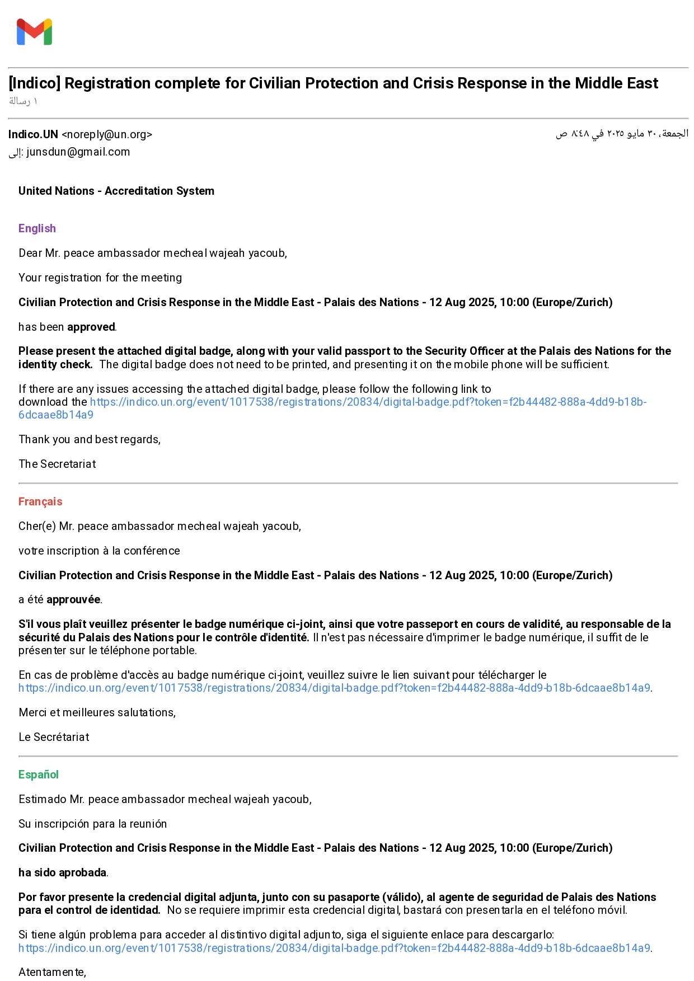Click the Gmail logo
(x=34, y=32)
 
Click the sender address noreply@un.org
(x=106, y=134)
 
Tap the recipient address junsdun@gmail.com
(x=78, y=152)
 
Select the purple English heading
(x=37, y=228)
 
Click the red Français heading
(x=40, y=501)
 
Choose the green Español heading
(x=39, y=775)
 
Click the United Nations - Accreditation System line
(x=116, y=191)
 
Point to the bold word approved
(x=91, y=327)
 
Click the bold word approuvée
(x=73, y=600)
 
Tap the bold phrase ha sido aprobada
(x=63, y=872)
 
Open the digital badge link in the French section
(x=334, y=688)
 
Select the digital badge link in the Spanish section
(x=334, y=948)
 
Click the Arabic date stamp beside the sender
(x=622, y=134)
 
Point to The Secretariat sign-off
(x=57, y=464)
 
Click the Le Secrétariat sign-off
(x=54, y=737)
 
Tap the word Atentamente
(x=52, y=972)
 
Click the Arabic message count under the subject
(x=23, y=101)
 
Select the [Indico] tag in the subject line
(x=34, y=83)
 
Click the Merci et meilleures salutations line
(x=97, y=712)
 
